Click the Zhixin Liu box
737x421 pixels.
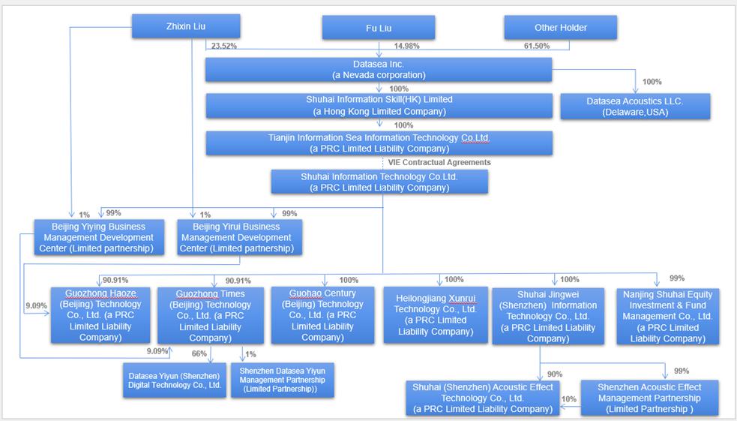[x=186, y=26]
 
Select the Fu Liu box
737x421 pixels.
[x=379, y=29]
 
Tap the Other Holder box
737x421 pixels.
[x=560, y=28]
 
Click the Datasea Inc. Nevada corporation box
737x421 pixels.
[x=379, y=70]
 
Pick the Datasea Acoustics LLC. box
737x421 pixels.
[x=635, y=107]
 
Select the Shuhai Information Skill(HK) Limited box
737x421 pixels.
[x=379, y=106]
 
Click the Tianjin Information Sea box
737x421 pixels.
[x=379, y=143]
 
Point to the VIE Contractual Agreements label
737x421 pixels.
[x=439, y=162]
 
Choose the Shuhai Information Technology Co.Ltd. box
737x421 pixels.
[x=379, y=182]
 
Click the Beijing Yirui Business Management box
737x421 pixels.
[x=240, y=237]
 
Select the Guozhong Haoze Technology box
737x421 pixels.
[x=100, y=316]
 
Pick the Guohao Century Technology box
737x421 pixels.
[x=322, y=316]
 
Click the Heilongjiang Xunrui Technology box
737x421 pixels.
[x=436, y=315]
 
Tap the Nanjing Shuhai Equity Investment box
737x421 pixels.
[x=667, y=316]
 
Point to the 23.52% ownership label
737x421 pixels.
[x=224, y=46]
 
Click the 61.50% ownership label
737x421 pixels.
[x=536, y=46]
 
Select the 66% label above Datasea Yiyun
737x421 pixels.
[x=199, y=353]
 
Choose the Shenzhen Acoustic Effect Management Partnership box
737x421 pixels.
[x=649, y=398]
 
